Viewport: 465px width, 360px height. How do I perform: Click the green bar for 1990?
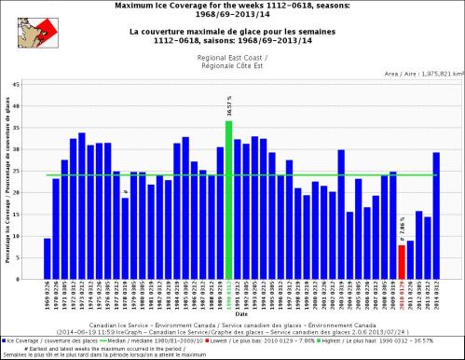click(228, 200)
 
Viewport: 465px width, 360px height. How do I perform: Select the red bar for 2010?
click(402, 262)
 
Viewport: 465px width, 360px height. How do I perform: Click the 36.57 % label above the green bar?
click(228, 104)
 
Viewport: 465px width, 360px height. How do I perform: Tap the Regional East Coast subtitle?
click(241, 58)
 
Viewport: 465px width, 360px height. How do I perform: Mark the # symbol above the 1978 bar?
click(125, 192)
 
